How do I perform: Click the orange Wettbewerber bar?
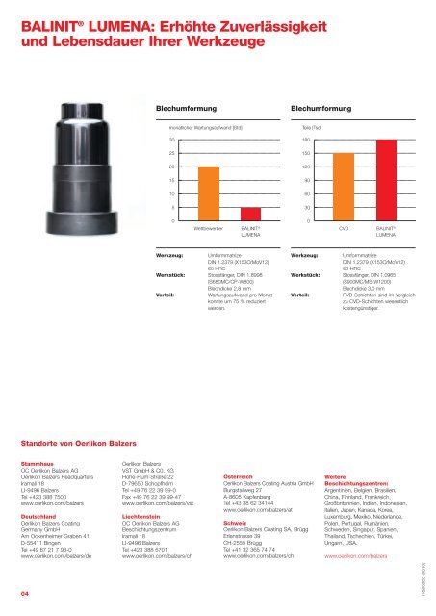(207, 194)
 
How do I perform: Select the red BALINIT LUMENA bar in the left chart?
(250, 215)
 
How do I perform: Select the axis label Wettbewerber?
(208, 229)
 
